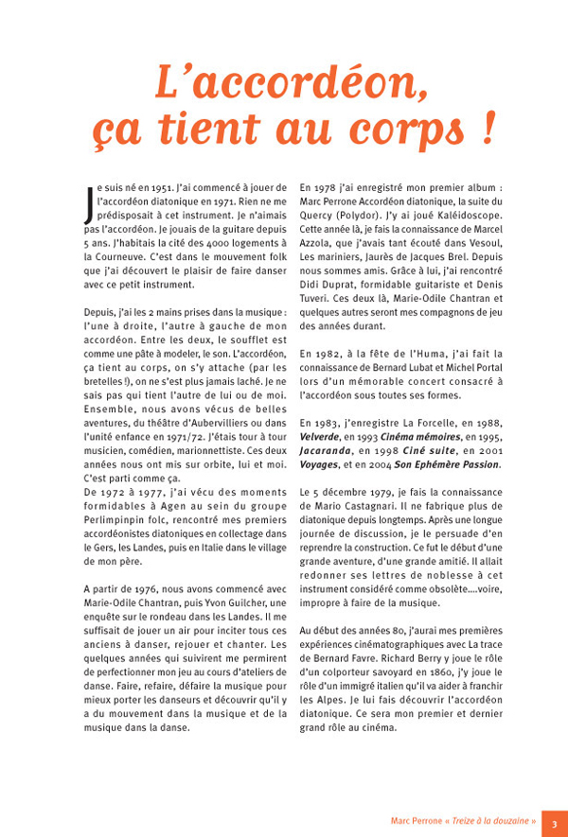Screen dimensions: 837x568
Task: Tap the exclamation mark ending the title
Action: click(x=488, y=128)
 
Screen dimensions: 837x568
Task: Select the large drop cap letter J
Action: click(x=89, y=202)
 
